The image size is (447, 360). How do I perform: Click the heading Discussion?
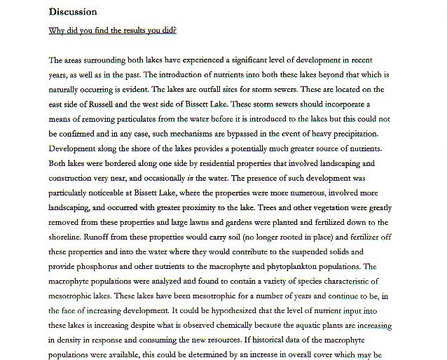[x=73, y=12]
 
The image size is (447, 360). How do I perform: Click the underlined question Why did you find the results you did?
[x=112, y=31]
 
